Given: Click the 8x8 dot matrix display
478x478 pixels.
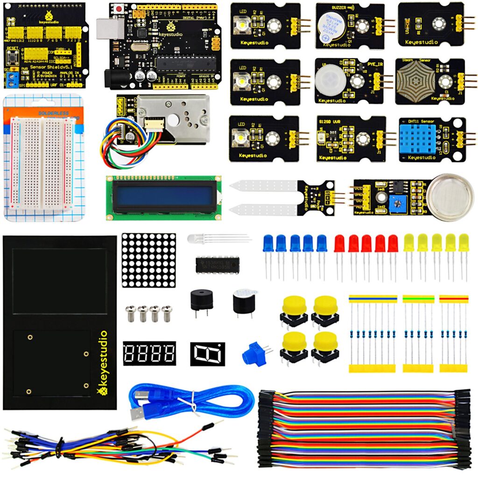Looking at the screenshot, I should (149, 260).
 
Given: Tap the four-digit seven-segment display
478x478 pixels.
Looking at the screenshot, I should (149, 353).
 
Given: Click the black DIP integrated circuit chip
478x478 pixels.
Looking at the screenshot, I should (218, 265).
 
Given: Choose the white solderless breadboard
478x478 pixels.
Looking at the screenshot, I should (41, 162).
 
